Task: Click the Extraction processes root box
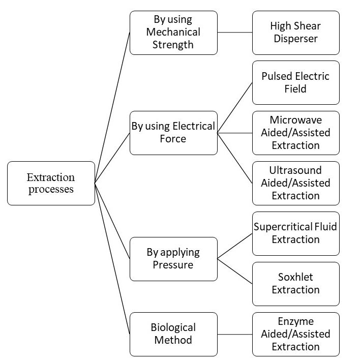pos(51,183)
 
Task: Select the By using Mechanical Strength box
pos(173,33)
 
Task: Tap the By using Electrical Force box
pos(173,133)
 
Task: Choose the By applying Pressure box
pos(173,258)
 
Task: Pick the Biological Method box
pos(173,334)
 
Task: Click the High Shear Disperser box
pos(295,33)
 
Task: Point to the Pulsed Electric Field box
pos(295,82)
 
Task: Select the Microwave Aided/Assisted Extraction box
pos(295,133)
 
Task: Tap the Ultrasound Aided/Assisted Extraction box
pos(295,183)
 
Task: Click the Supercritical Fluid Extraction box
pos(295,233)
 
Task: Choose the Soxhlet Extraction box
pos(295,283)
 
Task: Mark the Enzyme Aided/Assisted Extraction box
pos(295,334)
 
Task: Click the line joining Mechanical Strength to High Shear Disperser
pos(234,33)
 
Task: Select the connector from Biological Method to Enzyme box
pos(234,334)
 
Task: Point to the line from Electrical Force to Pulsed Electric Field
pos(234,108)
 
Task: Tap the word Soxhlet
pos(295,277)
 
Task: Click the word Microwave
pos(295,120)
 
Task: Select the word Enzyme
pos(295,321)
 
